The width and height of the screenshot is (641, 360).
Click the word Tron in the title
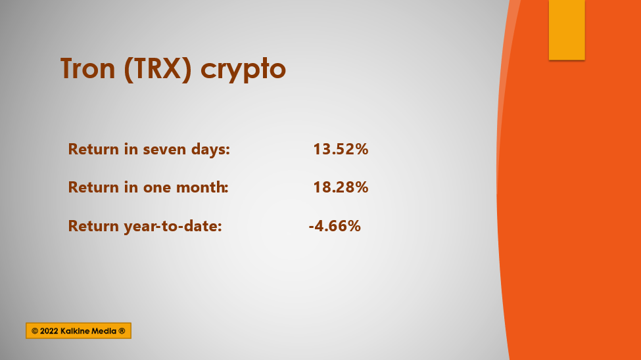[x=88, y=68]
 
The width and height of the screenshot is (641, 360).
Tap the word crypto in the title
[x=243, y=70]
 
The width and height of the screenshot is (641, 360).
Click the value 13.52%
[x=341, y=149]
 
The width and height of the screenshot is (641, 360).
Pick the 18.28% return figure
[x=341, y=187]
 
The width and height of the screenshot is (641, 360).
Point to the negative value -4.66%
[x=335, y=226]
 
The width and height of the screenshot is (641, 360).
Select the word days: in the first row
[x=210, y=150]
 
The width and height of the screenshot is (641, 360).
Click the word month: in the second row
[x=202, y=187]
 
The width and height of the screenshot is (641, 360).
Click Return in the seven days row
[x=93, y=149]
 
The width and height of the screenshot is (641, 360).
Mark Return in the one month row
[x=93, y=187]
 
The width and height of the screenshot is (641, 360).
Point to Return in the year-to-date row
[x=93, y=226]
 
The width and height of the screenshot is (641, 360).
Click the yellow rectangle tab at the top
[x=567, y=30]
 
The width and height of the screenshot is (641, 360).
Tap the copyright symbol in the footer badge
[x=35, y=331]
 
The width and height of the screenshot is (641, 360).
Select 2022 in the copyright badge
[x=49, y=331]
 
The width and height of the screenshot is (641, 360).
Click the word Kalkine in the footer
[x=75, y=331]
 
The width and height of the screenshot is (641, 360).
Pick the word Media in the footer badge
[x=104, y=331]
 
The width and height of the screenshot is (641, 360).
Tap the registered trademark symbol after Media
[x=122, y=331]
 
